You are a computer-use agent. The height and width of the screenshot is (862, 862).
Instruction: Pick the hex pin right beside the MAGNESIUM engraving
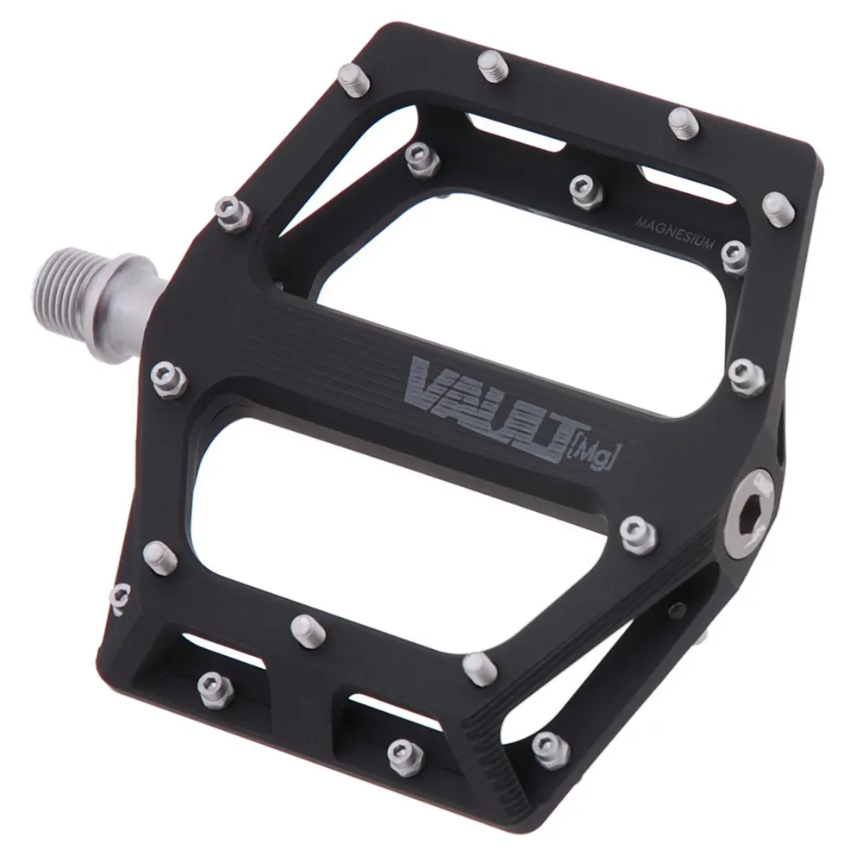pos(734,256)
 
